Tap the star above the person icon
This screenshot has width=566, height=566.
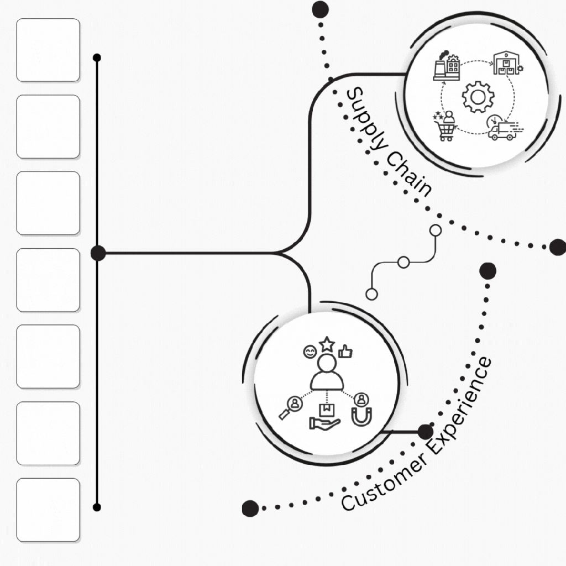pyautogui.click(x=327, y=344)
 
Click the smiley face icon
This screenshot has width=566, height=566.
pyautogui.click(x=309, y=351)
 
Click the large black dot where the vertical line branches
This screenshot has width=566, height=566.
pyautogui.click(x=98, y=253)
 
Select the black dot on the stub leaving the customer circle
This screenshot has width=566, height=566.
pyautogui.click(x=425, y=432)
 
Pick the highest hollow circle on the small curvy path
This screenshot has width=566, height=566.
pyautogui.click(x=436, y=230)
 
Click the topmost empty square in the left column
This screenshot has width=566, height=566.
pyautogui.click(x=48, y=50)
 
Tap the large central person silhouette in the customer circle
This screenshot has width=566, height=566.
pyautogui.click(x=327, y=373)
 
